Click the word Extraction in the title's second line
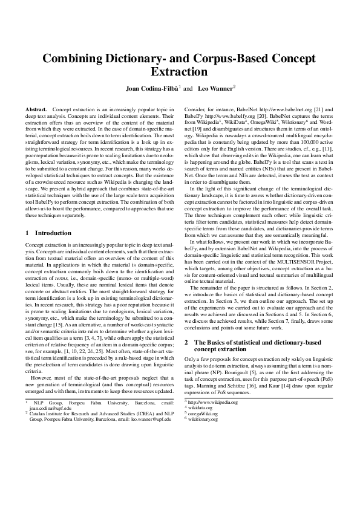point(180,72)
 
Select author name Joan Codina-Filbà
point(151,89)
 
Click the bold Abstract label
point(36,108)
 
